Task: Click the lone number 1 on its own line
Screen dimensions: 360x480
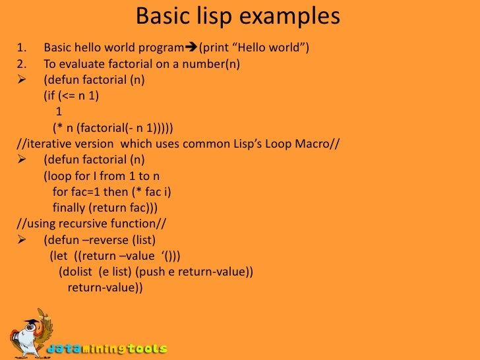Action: pyautogui.click(x=59, y=111)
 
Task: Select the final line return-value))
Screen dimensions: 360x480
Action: pyautogui.click(x=105, y=287)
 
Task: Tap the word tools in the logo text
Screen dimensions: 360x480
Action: pyautogui.click(x=148, y=348)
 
